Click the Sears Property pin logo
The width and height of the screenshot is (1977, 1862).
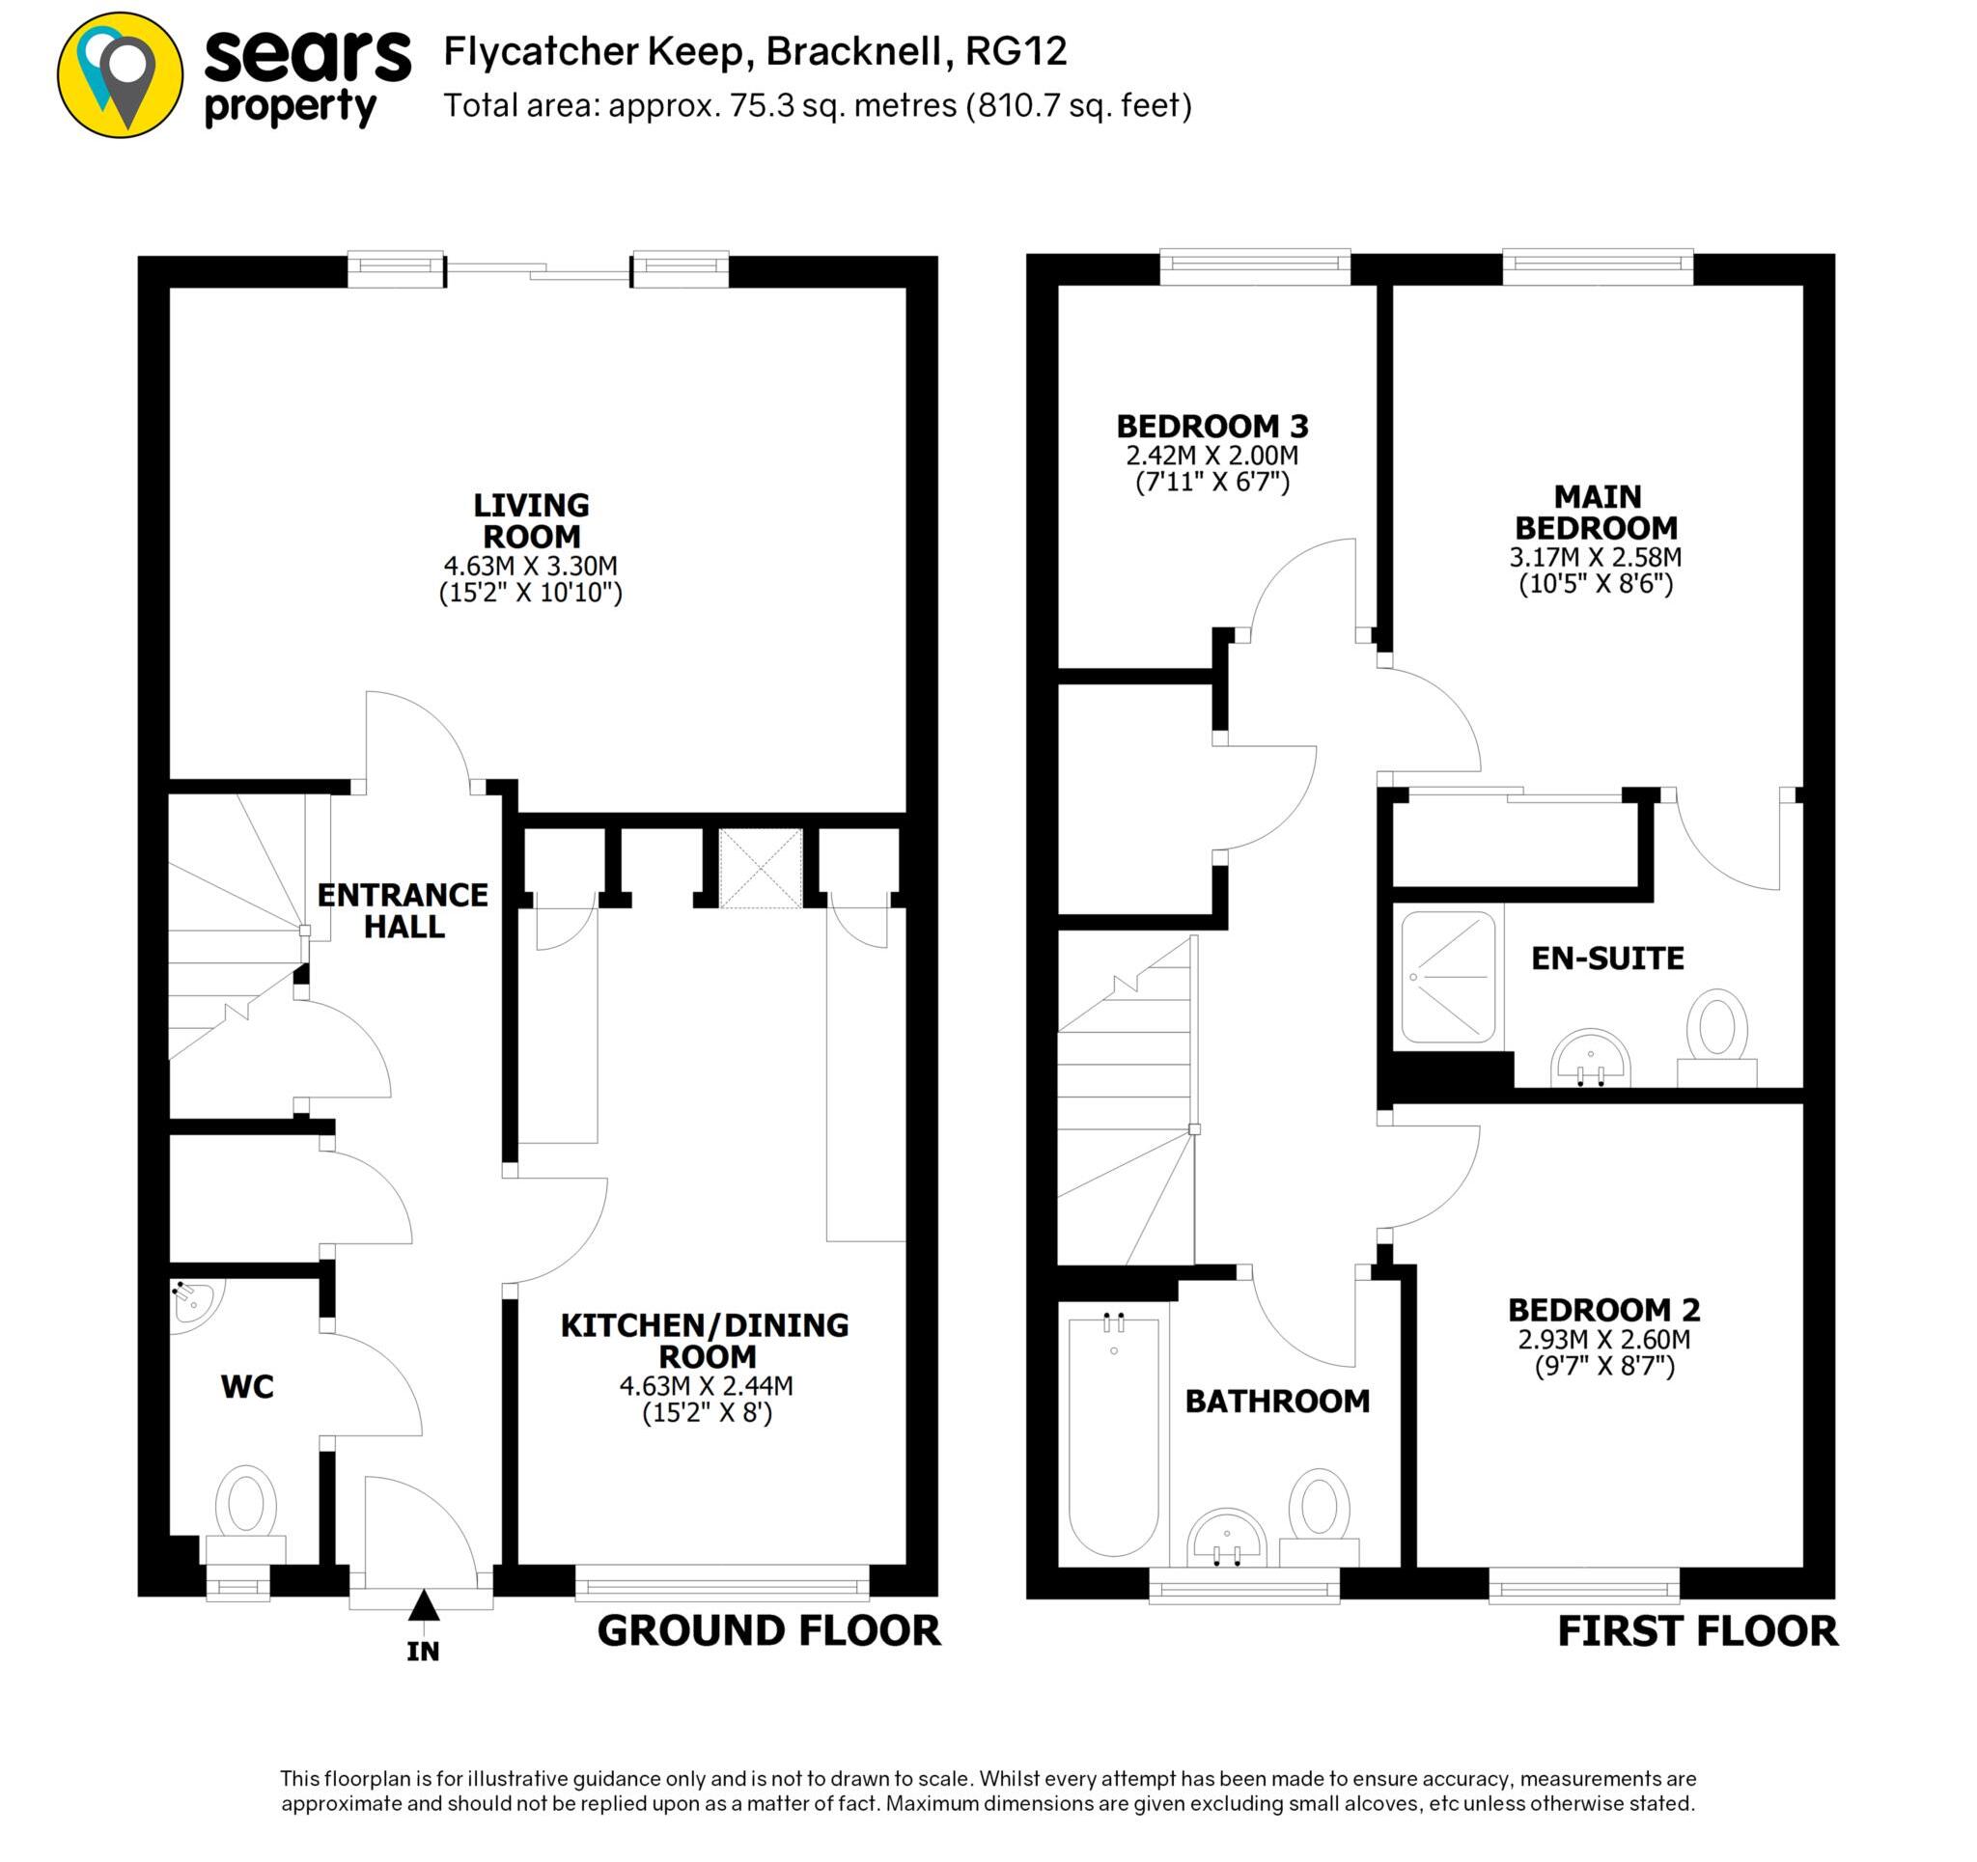click(x=121, y=75)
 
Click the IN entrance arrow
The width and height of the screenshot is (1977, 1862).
click(x=424, y=1606)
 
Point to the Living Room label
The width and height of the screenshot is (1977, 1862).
click(x=531, y=520)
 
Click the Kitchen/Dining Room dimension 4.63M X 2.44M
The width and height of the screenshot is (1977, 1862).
click(x=706, y=1385)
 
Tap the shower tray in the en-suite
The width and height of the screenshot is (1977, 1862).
click(x=1448, y=978)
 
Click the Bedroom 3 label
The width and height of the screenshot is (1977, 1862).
click(x=1212, y=427)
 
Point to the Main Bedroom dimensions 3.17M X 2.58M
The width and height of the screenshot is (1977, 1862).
click(x=1595, y=557)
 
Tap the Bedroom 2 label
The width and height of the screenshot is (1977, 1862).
click(x=1604, y=1309)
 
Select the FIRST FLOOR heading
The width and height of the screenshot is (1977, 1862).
click(x=1696, y=1632)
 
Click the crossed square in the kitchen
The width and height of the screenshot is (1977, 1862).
click(x=761, y=870)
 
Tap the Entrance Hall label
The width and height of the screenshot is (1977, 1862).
click(x=403, y=910)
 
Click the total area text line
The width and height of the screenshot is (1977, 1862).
click(x=818, y=105)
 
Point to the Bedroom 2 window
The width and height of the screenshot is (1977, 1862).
click(x=1584, y=1586)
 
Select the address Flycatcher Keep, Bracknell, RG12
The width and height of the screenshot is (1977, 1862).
click(x=755, y=52)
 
